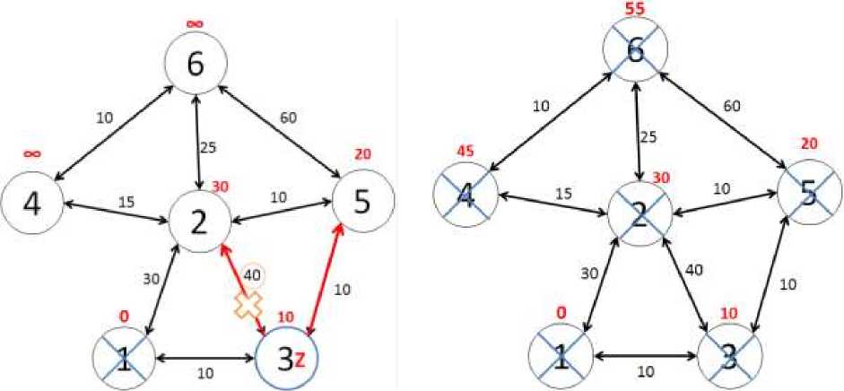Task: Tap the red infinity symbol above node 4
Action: pos(31,153)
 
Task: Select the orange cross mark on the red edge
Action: pos(247,304)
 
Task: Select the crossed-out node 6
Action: pos(637,54)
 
